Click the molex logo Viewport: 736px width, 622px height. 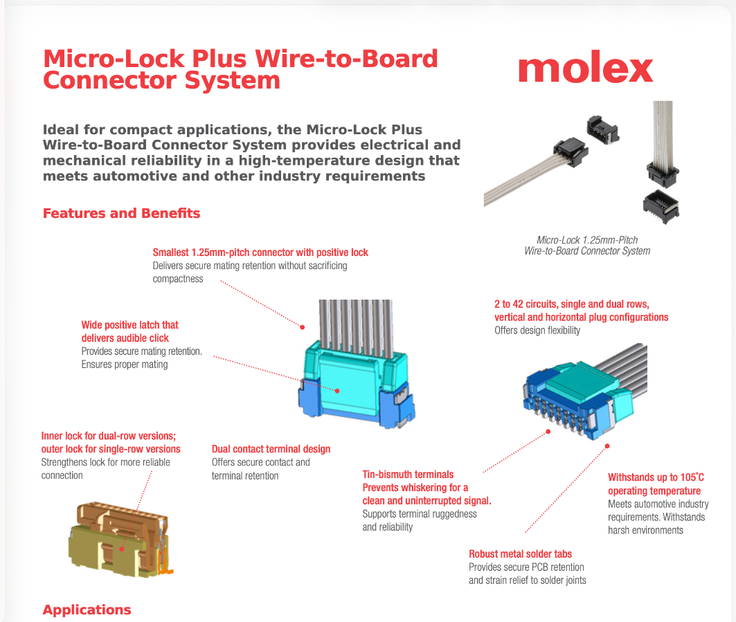coord(585,68)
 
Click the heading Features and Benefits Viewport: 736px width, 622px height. coord(121,213)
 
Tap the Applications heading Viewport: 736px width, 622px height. coord(87,610)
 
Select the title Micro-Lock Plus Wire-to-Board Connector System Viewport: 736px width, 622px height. coord(240,69)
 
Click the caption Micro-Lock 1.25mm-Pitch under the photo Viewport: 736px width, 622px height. coord(587,240)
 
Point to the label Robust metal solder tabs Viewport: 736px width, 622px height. coord(520,554)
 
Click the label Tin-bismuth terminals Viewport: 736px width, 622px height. coord(408,475)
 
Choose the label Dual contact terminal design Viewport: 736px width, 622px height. coord(271,449)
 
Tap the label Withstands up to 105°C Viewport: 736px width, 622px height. coord(656,477)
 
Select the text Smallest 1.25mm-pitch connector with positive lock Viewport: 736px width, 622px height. coord(260,253)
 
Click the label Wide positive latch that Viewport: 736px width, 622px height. coord(129,324)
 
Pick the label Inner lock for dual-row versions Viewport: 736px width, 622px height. coord(109,436)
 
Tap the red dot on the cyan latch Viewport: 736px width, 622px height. coord(337,390)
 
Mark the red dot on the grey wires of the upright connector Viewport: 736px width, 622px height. coord(303,326)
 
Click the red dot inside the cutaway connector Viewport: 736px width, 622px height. coord(122,549)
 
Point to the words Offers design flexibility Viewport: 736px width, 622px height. coord(537,331)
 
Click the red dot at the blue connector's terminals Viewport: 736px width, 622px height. coord(548,431)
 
